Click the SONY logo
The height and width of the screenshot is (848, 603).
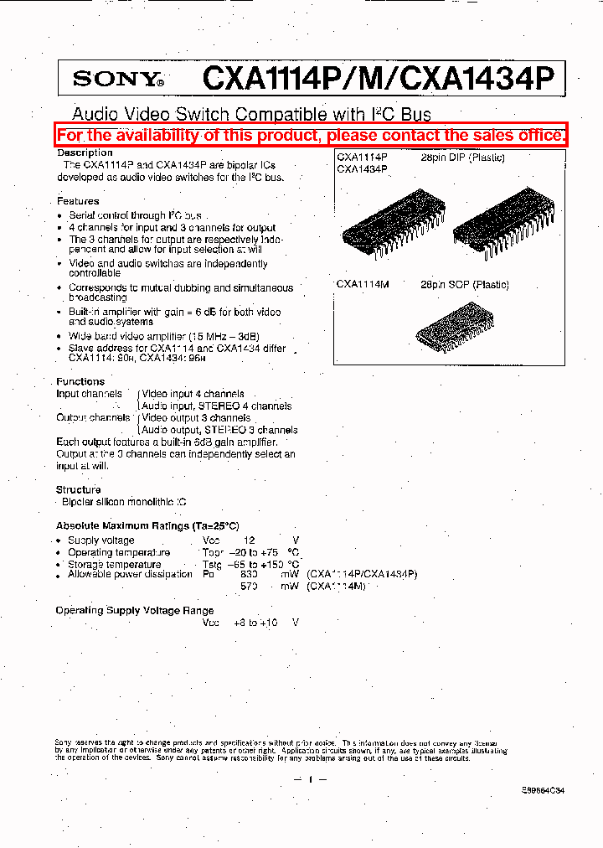click(118, 80)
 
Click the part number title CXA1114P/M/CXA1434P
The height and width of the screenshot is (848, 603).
click(379, 79)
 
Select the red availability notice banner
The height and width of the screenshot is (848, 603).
click(312, 135)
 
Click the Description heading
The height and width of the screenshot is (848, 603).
click(85, 153)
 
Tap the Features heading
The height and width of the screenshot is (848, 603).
click(78, 201)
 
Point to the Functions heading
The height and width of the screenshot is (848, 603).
click(80, 381)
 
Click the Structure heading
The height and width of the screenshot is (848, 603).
click(79, 489)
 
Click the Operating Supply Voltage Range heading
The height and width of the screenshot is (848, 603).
click(135, 610)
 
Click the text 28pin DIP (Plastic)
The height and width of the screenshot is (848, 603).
click(462, 158)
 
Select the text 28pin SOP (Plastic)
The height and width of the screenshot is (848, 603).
click(465, 285)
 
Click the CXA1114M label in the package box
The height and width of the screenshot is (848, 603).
click(363, 285)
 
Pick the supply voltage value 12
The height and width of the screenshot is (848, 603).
click(249, 540)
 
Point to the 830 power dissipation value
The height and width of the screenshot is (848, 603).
click(249, 575)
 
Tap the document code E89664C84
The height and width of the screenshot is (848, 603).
click(542, 801)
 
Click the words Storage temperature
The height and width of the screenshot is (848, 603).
click(115, 564)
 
